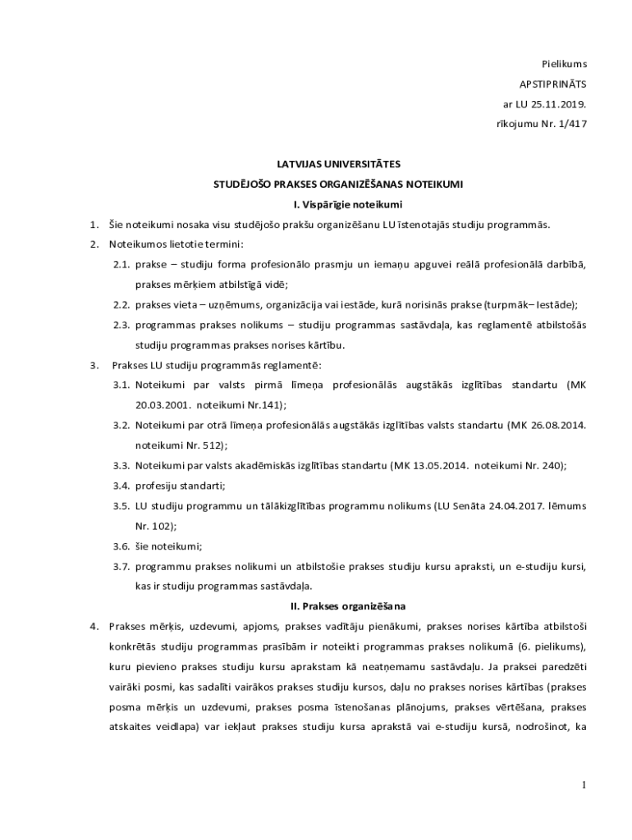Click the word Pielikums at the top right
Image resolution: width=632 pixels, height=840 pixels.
point(564,64)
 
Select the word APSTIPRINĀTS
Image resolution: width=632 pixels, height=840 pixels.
point(553,84)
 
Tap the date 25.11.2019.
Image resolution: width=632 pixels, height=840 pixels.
point(559,104)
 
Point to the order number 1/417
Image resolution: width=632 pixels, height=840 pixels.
point(571,124)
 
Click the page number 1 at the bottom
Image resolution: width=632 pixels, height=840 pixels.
point(584,785)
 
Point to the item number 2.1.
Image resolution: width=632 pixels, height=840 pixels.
point(122,264)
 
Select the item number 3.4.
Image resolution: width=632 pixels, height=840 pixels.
point(122,485)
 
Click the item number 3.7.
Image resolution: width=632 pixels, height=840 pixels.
point(122,565)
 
